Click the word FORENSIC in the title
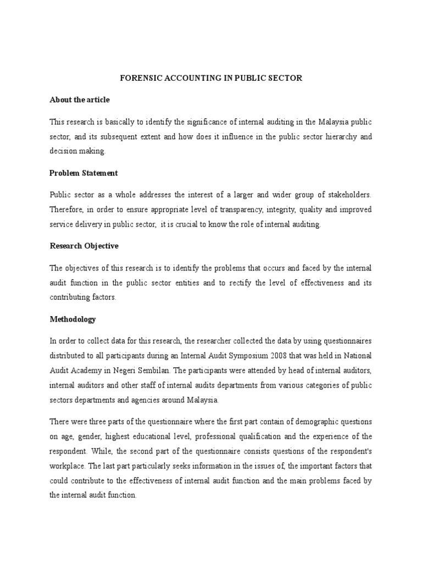(x=138, y=78)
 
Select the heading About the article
(x=80, y=100)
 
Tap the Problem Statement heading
(x=84, y=173)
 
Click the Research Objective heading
(x=84, y=246)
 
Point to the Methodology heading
(x=73, y=319)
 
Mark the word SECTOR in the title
(x=284, y=78)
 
